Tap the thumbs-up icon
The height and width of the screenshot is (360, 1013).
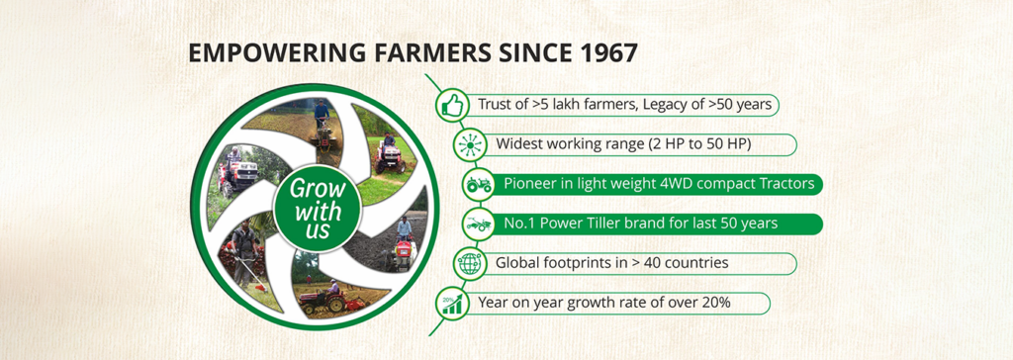pos(452,105)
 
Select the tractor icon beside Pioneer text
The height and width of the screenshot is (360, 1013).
pos(478,185)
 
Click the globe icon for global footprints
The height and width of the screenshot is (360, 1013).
pos(469,264)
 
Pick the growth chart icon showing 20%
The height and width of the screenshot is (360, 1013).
pos(451,304)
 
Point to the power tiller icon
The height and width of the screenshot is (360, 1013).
pos(478,225)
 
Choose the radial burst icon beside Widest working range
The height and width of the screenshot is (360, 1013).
pos(469,144)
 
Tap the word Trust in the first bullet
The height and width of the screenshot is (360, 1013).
pos(493,105)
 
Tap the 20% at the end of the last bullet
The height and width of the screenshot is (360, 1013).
pos(716,302)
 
